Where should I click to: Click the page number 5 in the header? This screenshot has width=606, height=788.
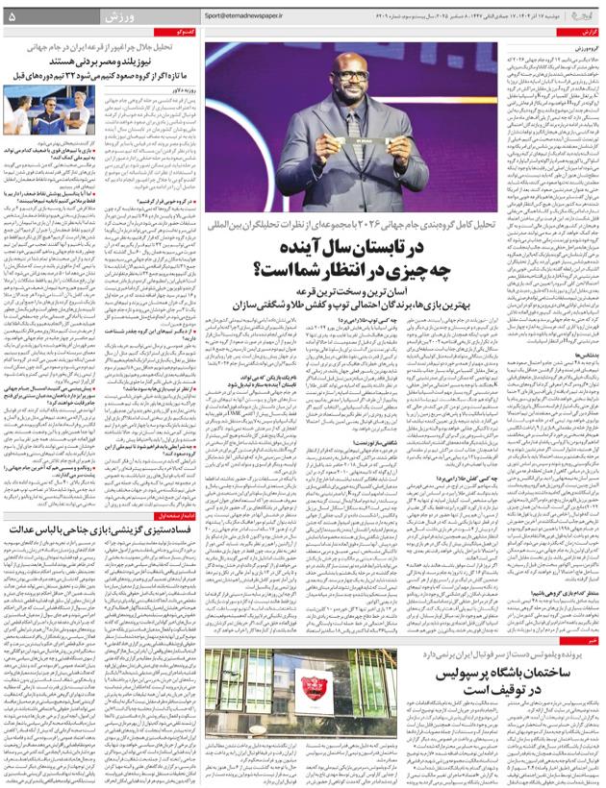click(11, 16)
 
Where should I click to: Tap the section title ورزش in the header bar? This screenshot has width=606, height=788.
click(114, 16)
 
